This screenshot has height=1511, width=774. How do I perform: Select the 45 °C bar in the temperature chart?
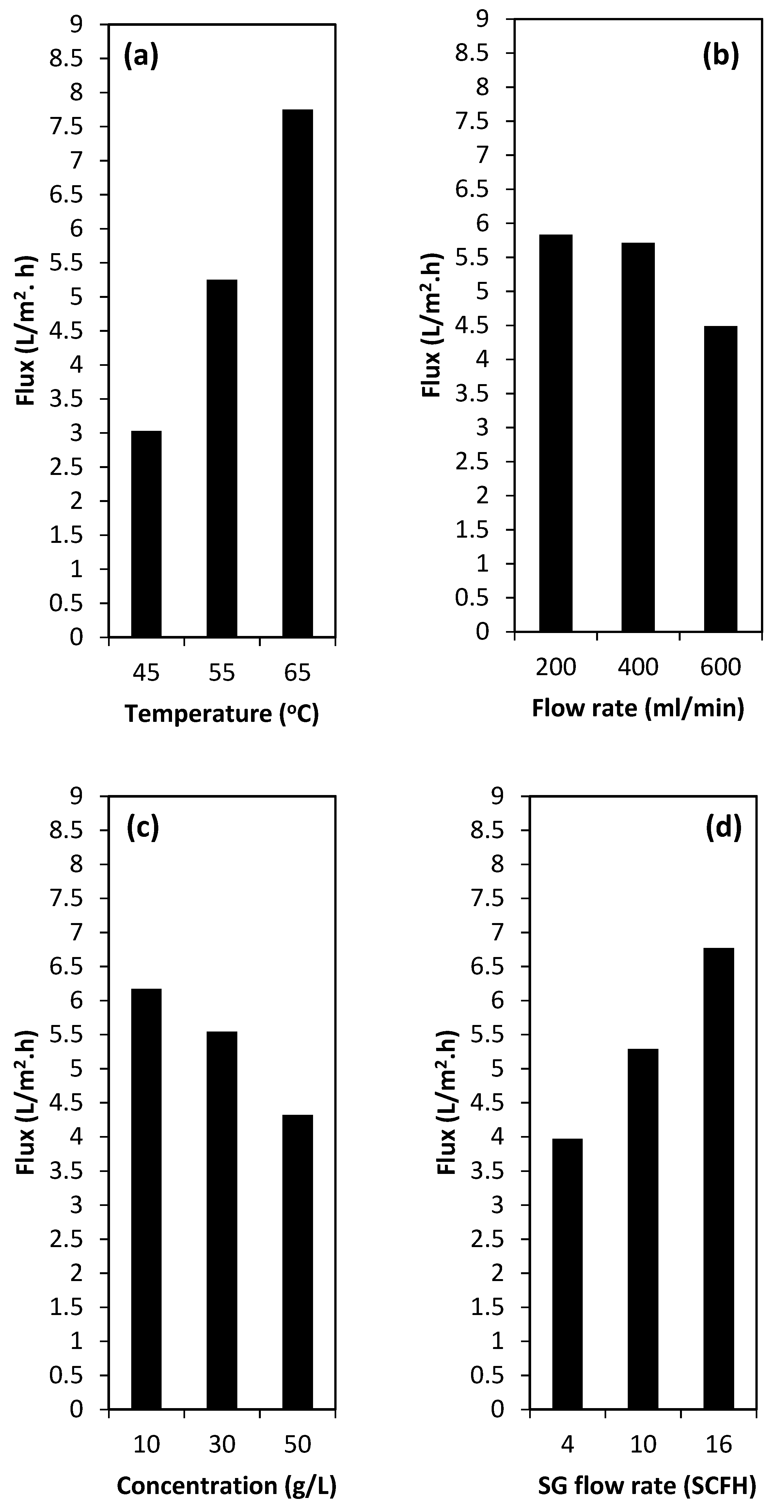coord(146,534)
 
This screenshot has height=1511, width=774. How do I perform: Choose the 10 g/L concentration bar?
coord(146,1198)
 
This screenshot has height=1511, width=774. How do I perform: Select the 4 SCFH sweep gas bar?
coord(567,1274)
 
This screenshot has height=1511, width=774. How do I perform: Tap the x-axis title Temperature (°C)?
coord(222,714)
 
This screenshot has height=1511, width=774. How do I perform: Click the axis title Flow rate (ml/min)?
coord(638,708)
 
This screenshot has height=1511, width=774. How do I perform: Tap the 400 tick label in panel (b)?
coord(638,667)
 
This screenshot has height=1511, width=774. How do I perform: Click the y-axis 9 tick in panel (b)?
coord(482,19)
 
